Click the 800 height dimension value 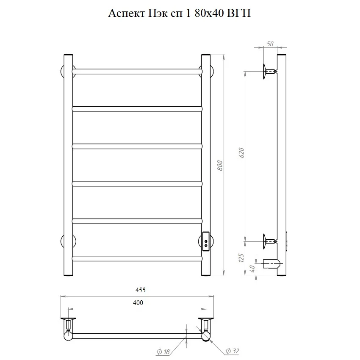click(220, 165)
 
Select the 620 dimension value click(241, 152)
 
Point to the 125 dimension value click(241, 258)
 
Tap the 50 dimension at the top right click(270, 44)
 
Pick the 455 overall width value click(140, 290)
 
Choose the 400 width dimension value click(138, 302)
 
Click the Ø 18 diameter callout click(163, 352)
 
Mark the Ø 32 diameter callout click(233, 351)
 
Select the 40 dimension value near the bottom click(252, 268)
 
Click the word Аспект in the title click(127, 13)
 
